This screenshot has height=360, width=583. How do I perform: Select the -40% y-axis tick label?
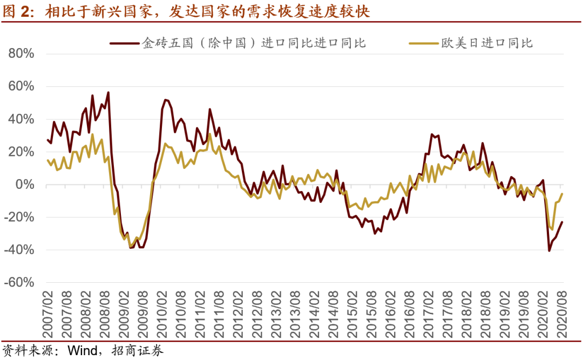[19, 250]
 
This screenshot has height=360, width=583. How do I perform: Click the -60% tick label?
[19, 283]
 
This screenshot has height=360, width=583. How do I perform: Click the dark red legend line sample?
[124, 43]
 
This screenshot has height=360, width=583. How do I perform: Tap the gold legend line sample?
[423, 43]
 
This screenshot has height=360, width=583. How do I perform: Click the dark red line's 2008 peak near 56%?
[108, 92]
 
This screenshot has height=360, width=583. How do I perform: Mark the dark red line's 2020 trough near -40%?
[550, 250]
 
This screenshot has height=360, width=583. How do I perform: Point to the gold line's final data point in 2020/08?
[562, 194]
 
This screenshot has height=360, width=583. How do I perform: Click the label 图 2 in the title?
[16, 11]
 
